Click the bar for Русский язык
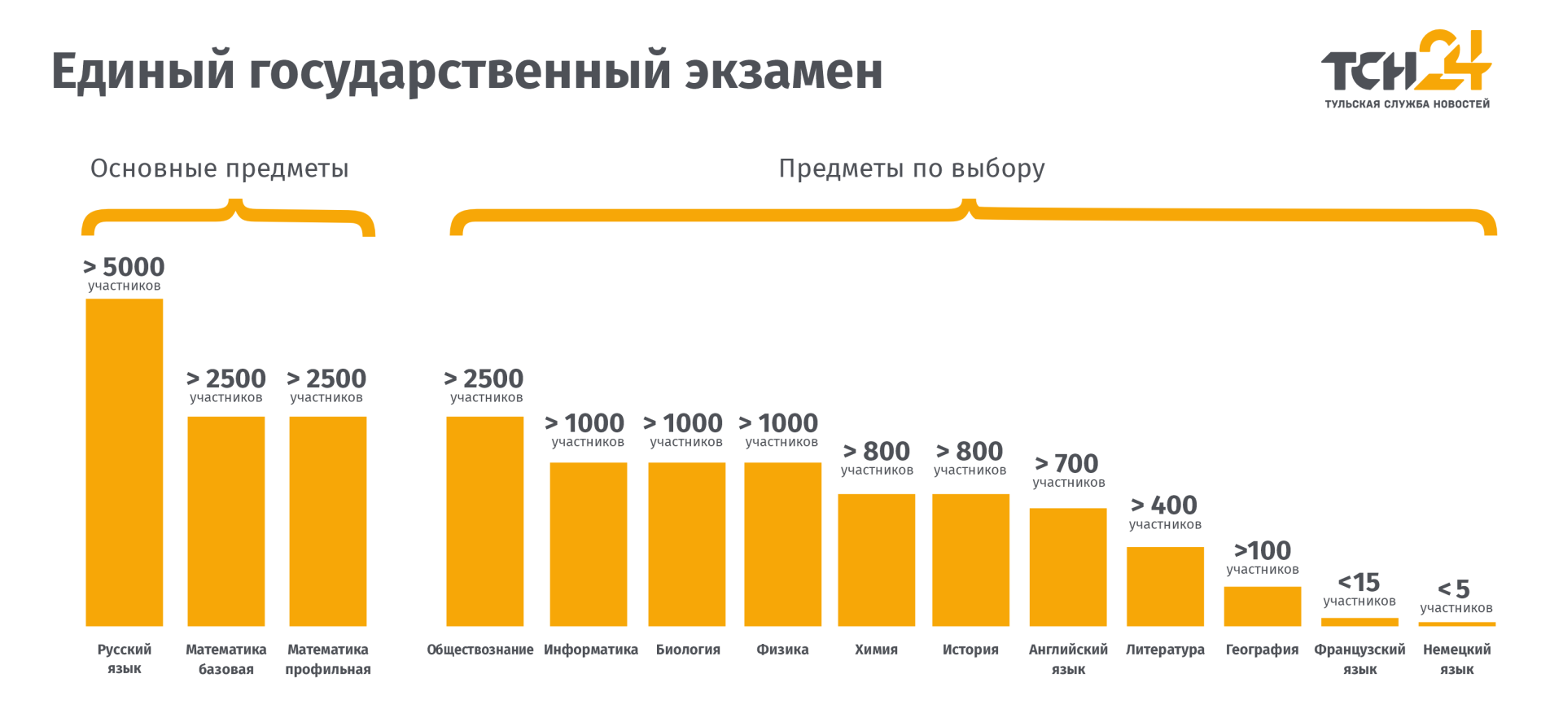coord(124,462)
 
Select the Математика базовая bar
coord(225,521)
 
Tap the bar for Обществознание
coord(484,521)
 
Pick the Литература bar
coord(1165,586)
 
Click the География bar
coord(1262,606)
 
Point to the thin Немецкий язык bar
coord(1456,624)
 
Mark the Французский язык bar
coord(1359,622)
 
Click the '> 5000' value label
coord(124,267)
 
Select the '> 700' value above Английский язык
coord(1067,464)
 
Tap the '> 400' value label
coord(1164,505)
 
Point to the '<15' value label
coord(1359,583)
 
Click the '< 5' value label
coord(1454,589)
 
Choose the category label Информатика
coord(591,650)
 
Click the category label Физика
coord(782,650)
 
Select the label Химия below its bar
coord(876,650)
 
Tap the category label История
coord(970,650)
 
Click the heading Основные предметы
coord(219,168)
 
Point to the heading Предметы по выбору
coord(912,168)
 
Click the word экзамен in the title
coord(783,72)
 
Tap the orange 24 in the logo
coord(1453,60)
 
